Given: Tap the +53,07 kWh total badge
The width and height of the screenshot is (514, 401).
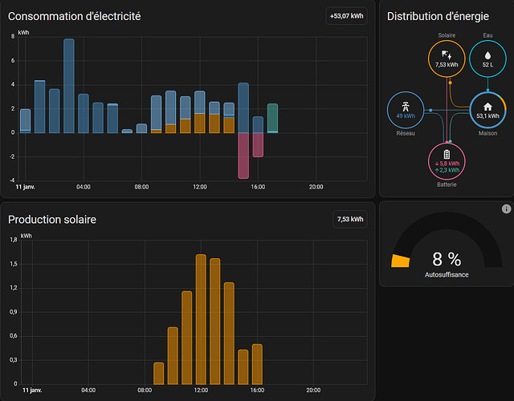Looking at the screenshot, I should click(x=347, y=16).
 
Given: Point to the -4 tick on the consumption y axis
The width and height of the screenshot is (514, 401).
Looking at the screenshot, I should click(x=12, y=180).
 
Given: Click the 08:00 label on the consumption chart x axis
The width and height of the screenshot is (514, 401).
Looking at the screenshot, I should click(x=141, y=187).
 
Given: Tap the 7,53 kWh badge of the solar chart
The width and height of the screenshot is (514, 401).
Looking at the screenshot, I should click(x=349, y=219).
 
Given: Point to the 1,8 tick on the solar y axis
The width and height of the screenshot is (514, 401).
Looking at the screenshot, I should click(x=12, y=239).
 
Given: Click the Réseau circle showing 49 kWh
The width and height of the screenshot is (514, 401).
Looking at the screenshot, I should click(x=406, y=110).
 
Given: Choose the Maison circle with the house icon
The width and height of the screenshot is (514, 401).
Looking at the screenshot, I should click(x=487, y=110).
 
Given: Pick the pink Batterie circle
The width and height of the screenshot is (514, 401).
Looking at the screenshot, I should click(x=447, y=160).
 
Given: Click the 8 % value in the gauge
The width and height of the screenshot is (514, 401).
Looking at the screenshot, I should click(x=447, y=259).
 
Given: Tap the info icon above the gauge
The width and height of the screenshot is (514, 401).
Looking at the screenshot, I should click(x=506, y=209).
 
